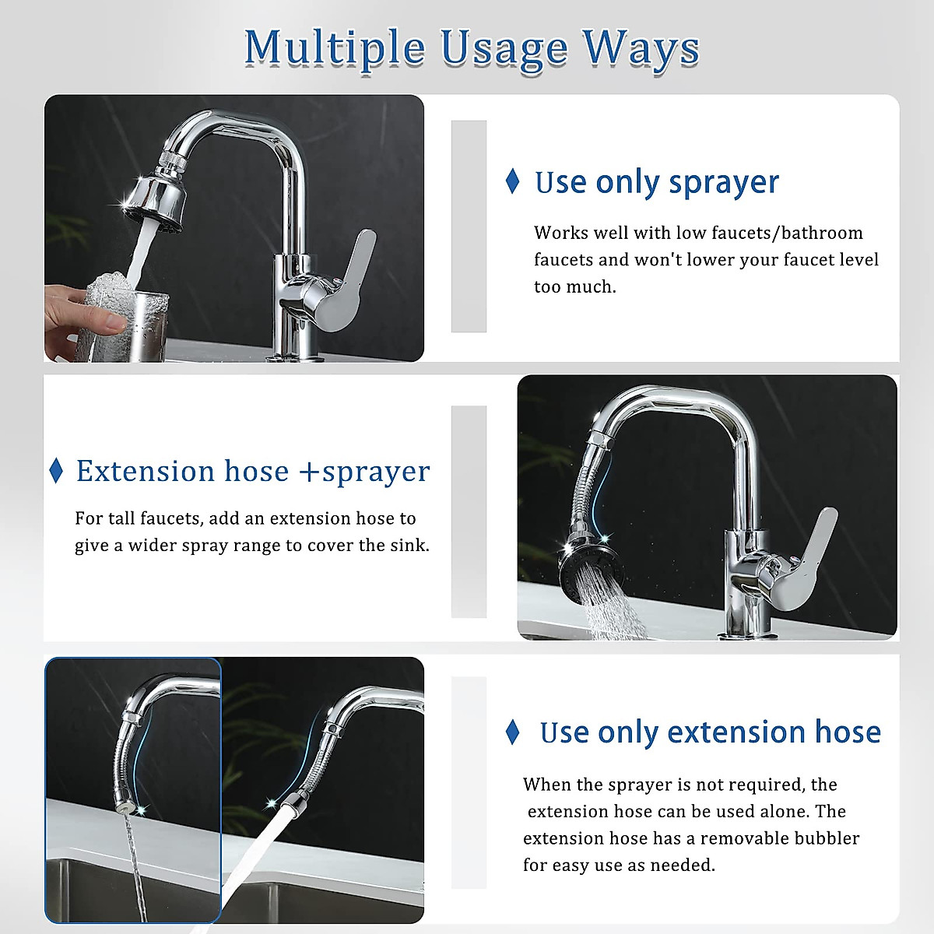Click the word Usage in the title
coord(504,48)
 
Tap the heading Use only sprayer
coord(656,182)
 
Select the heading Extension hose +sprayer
coord(253,472)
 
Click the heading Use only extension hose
coord(710,732)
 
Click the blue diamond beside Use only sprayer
coord(512,181)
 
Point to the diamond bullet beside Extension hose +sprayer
coord(56,471)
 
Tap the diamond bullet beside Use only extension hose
coord(512,732)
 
